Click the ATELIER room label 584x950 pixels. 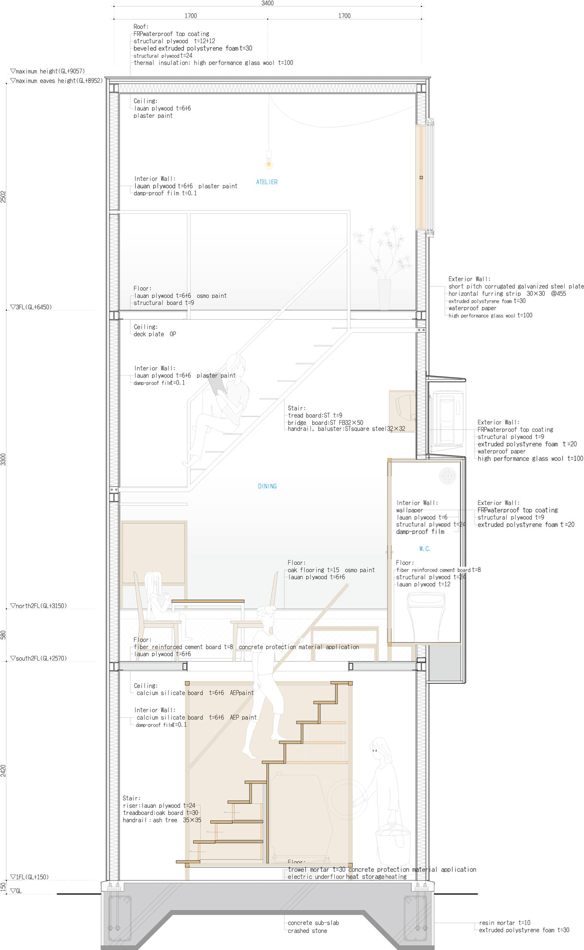pos(267,182)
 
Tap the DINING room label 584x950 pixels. pos(267,486)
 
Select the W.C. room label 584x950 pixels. pos(425,549)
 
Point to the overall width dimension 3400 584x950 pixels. pos(268,3)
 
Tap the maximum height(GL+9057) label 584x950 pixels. pos(47,71)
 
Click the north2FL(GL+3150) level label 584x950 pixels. pos(38,606)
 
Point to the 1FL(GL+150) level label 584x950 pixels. pos(29,877)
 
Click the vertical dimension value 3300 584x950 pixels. pos(3,459)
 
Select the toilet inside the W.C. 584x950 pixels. pos(426,622)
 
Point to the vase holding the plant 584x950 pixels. pos(384,294)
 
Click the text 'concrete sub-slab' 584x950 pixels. pos(313,923)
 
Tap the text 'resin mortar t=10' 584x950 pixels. pos(505,923)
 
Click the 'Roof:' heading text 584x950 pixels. pos(141,27)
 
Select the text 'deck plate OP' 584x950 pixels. pos(155,334)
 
